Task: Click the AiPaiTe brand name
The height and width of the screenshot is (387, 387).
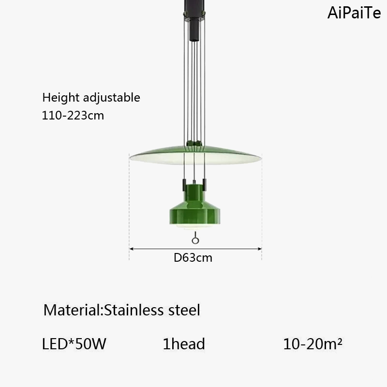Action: point(354,13)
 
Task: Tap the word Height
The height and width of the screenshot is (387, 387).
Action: point(57,98)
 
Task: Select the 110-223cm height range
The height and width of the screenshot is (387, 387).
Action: point(73,116)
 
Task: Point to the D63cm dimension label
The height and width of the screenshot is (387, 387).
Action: point(193,258)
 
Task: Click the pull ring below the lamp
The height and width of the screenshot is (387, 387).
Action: point(195,240)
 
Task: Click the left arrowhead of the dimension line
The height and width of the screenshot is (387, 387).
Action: point(132,249)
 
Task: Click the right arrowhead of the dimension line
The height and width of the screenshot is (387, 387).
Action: point(259,249)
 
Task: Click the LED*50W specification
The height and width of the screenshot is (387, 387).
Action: point(74,344)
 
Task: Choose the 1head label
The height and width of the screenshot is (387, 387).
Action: point(184,344)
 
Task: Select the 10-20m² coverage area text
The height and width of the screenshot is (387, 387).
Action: point(313,344)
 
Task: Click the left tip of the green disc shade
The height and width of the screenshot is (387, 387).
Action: point(131,156)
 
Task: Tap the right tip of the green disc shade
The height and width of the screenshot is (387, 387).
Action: point(260,158)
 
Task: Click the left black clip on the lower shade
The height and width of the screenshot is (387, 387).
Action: point(184,183)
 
